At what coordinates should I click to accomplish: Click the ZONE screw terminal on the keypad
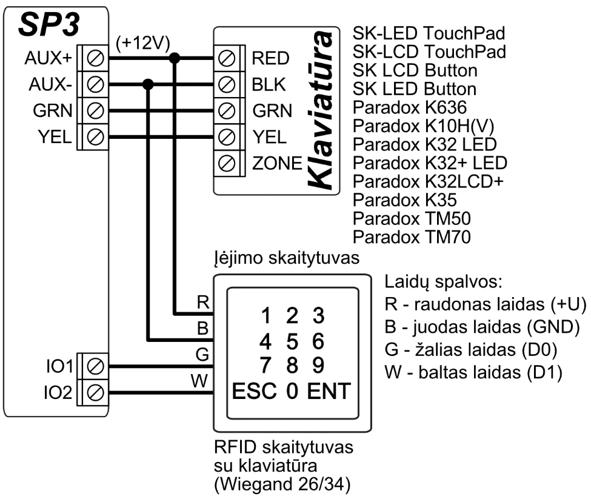226,163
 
